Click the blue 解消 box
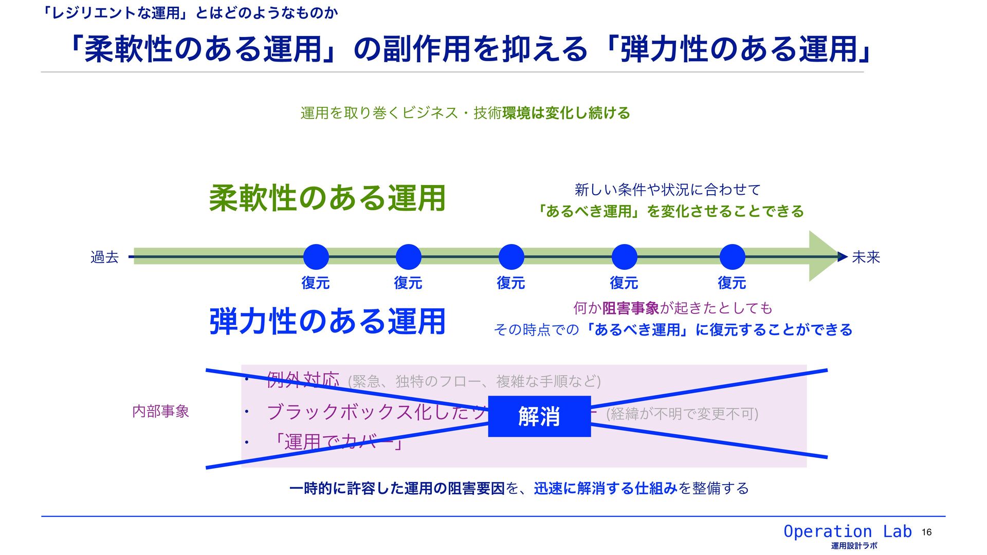coord(539,416)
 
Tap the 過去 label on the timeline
coord(104,257)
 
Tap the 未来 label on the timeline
coord(866,257)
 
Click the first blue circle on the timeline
coord(316,257)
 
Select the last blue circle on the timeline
coord(733,257)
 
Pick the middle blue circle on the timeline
coord(511,257)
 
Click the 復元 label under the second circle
coord(408,283)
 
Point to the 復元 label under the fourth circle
coord(624,283)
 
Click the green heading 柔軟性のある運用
coord(327,198)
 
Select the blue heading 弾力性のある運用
coord(327,322)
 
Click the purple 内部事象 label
coord(161,411)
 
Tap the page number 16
coord(926,532)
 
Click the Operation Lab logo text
coord(847,531)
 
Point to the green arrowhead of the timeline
coord(822,256)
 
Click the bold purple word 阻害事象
coord(631,308)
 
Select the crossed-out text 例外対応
coord(303,380)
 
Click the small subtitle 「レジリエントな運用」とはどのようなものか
coord(190,13)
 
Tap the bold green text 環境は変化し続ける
coord(566,113)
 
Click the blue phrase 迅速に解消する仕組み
coord(606,488)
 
